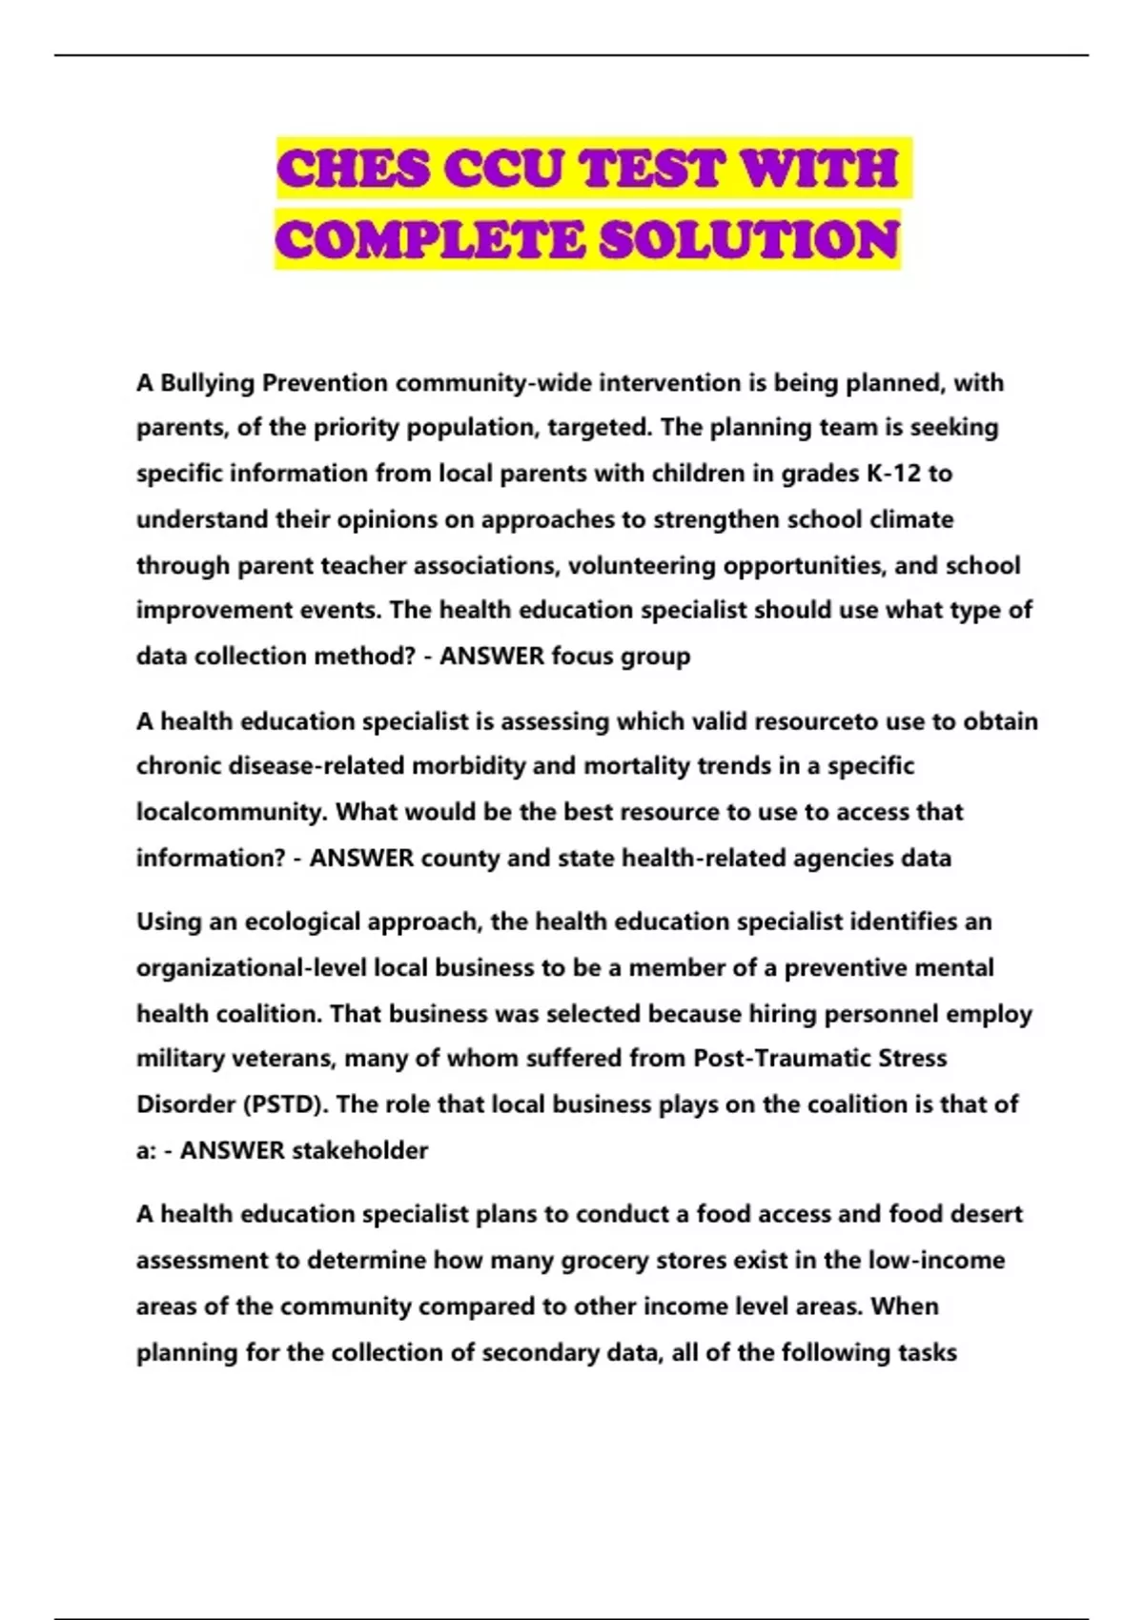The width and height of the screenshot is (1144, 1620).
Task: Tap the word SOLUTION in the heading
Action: pyautogui.click(x=750, y=240)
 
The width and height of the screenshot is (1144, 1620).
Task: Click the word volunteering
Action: pyautogui.click(x=643, y=566)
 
